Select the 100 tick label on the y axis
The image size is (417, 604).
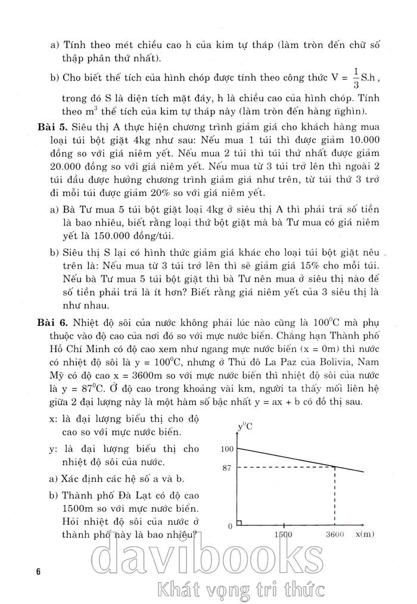(x=225, y=449)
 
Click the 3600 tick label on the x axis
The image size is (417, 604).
(x=335, y=534)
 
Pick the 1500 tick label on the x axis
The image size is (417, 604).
(x=283, y=534)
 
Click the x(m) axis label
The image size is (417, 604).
(x=364, y=534)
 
